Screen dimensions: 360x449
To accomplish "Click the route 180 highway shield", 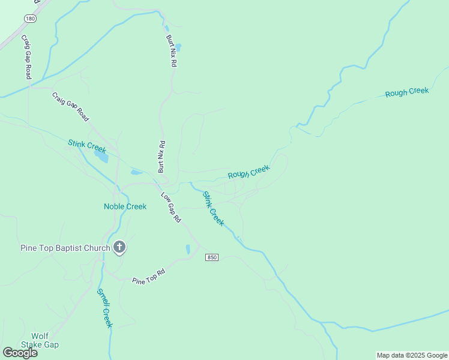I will (x=30, y=19).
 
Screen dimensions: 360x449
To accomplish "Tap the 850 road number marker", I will (x=211, y=257).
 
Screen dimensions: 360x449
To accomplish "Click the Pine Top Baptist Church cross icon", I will (x=119, y=247).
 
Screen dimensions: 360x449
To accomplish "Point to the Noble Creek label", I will (x=125, y=206).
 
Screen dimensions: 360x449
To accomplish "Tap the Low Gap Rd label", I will (x=171, y=208).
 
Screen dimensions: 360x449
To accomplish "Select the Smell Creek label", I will (x=104, y=308).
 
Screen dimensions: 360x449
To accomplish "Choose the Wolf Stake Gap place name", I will (x=40, y=340).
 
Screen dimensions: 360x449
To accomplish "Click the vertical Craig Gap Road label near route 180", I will (x=26, y=57).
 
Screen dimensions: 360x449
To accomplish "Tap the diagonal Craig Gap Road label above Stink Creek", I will (x=71, y=107).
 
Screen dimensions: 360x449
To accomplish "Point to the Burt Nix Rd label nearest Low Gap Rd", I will (x=161, y=157).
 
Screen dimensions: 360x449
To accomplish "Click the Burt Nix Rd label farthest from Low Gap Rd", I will (x=172, y=50).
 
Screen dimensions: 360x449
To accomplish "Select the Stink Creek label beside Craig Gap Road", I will (x=86, y=145).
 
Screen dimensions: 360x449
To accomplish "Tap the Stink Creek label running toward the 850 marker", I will (x=213, y=209).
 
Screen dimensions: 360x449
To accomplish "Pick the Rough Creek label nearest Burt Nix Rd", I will (x=249, y=172).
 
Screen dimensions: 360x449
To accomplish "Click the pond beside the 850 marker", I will (x=188, y=249).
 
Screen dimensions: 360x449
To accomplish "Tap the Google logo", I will (x=20, y=353).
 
